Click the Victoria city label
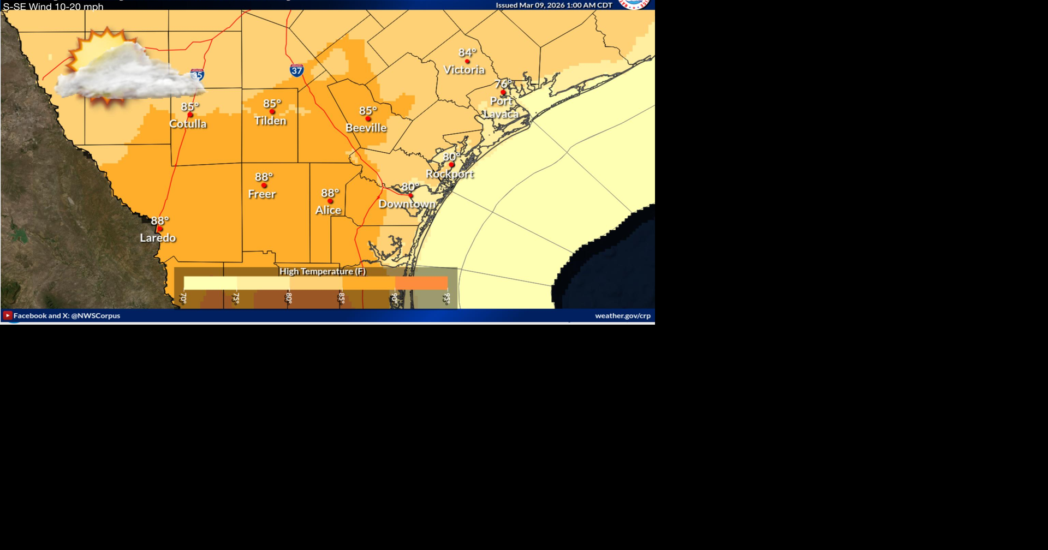[464, 70]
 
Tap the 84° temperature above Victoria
[467, 52]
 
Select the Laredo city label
[158, 238]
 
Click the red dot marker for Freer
[264, 186]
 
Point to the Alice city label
[328, 210]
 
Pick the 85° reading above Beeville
[368, 111]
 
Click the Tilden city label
[270, 121]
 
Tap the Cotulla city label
[188, 124]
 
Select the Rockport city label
[450, 174]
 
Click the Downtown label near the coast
[407, 204]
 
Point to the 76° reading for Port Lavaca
[503, 84]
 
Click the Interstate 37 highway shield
[296, 70]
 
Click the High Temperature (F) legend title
[323, 271]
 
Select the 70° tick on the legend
[183, 298]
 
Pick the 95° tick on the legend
[447, 298]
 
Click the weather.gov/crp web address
[622, 315]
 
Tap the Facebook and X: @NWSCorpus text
[67, 315]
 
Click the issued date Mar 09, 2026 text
[553, 5]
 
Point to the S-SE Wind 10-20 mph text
[53, 7]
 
